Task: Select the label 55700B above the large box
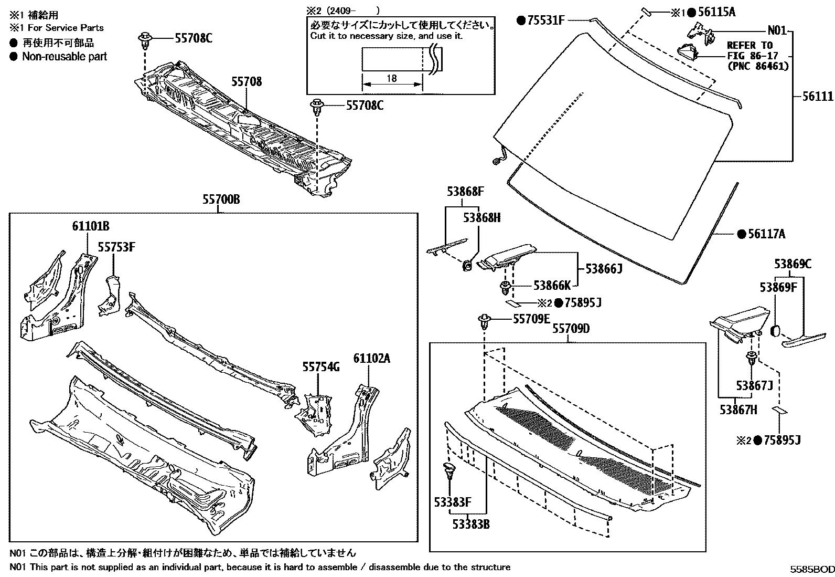[221, 200]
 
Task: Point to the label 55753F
[116, 247]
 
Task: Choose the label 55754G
[320, 367]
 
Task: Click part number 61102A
[371, 359]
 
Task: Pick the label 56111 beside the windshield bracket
[817, 96]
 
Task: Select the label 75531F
[545, 20]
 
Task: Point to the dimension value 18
[391, 79]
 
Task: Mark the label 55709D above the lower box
[571, 329]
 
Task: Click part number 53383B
[471, 523]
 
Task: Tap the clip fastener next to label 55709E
[483, 321]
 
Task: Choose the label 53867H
[738, 410]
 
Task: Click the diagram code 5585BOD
[812, 569]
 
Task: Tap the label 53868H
[481, 217]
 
